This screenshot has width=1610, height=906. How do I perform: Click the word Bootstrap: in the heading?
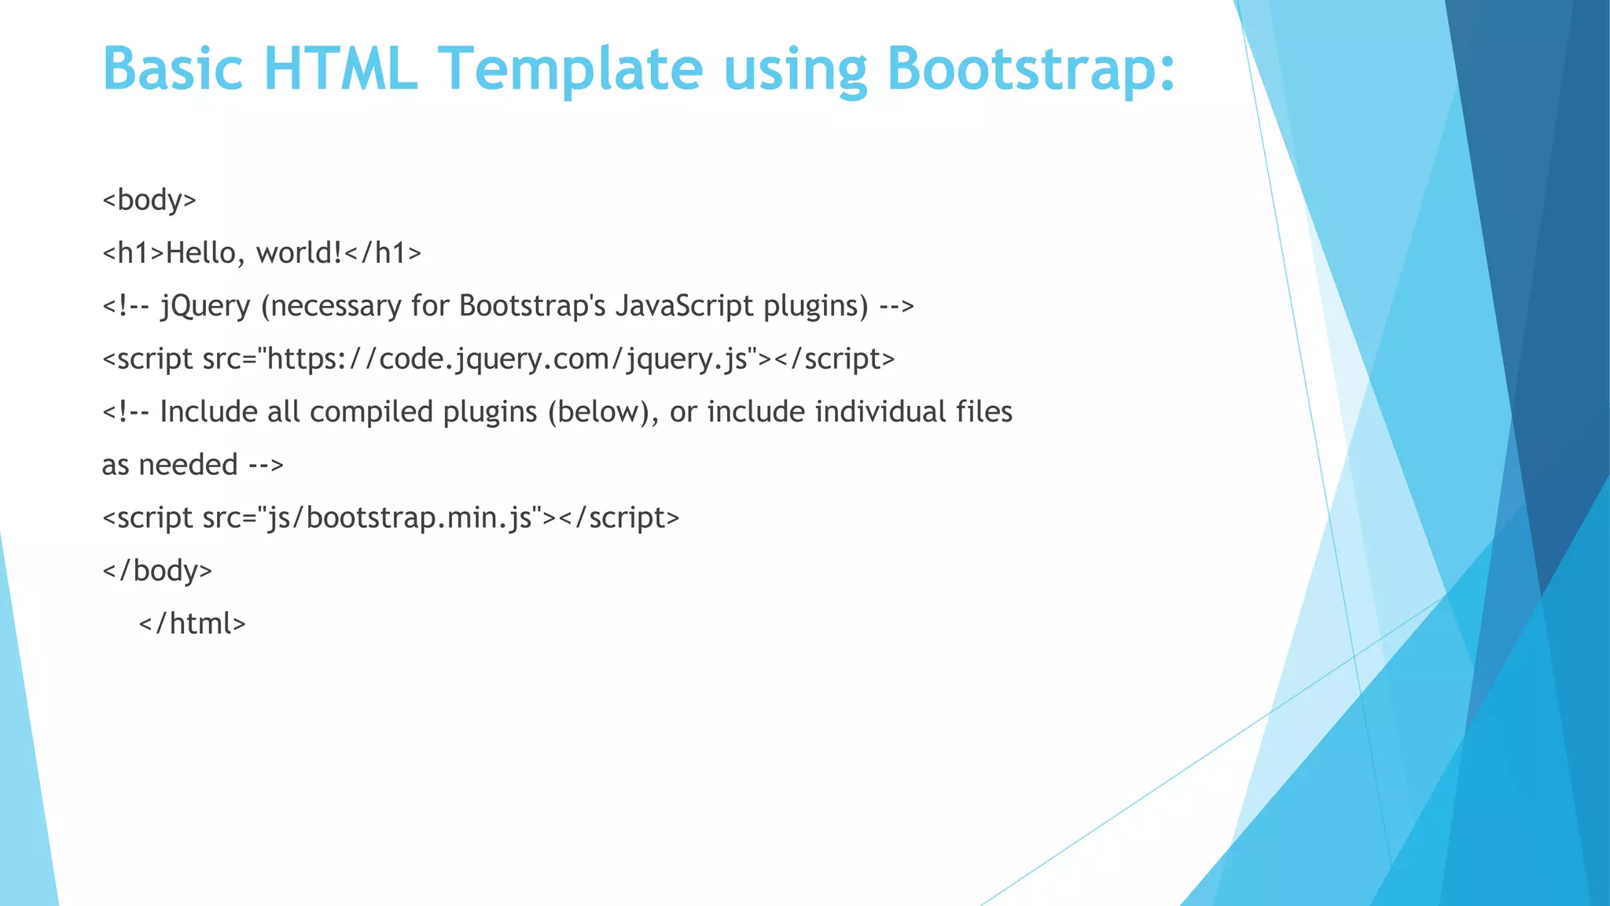1031,69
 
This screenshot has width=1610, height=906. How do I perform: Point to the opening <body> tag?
149,200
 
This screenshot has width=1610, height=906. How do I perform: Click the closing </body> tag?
157,570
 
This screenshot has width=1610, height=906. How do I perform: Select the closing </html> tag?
193,624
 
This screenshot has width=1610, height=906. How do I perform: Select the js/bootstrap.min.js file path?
401,518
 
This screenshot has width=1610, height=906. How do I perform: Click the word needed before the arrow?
188,465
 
